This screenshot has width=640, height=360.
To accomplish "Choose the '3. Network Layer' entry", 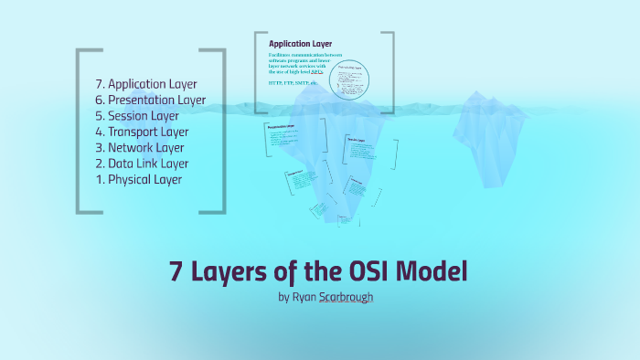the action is [145, 147].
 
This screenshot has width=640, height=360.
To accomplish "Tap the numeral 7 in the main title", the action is [176, 271].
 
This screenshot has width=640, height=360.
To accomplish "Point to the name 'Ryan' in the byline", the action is [304, 297].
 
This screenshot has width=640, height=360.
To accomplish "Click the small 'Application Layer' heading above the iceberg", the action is [300, 43].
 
